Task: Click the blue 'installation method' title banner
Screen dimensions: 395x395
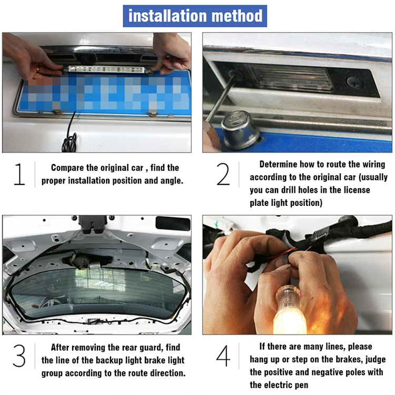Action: point(195,16)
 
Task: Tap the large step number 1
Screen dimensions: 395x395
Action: point(19,174)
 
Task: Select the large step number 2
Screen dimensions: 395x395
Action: point(223,174)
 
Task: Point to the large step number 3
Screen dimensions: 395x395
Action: point(19,355)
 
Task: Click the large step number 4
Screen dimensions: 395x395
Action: point(223,355)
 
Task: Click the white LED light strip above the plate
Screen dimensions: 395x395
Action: point(106,69)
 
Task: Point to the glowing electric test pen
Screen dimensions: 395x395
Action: point(290,310)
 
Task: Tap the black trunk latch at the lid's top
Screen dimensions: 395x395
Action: point(93,224)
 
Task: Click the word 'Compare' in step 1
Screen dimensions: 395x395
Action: point(67,168)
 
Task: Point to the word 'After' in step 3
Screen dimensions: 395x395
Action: point(60,348)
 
